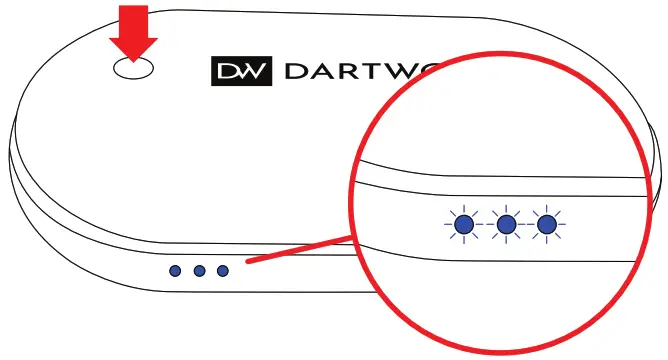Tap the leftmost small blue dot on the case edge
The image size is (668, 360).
[x=176, y=270]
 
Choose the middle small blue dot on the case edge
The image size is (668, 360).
[x=199, y=270]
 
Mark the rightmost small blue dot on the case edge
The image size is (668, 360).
[x=222, y=270]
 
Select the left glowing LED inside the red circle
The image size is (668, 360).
[x=463, y=226]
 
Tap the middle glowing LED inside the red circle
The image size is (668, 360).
[x=505, y=226]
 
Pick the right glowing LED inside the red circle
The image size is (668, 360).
[x=546, y=226]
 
